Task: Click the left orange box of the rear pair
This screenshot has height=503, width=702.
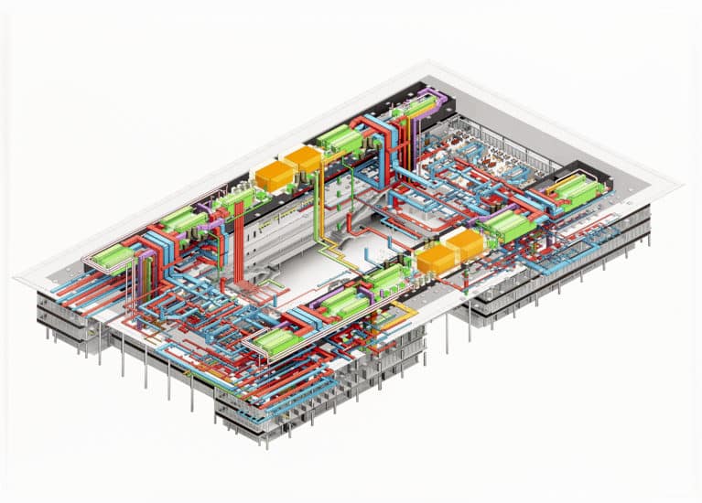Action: coord(273,176)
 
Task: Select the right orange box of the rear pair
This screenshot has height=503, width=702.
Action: coord(303,160)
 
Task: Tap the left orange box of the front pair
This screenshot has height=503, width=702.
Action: coord(436,260)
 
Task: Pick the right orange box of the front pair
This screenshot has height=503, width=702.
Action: coord(466,244)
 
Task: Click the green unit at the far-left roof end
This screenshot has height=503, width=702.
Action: coord(113,259)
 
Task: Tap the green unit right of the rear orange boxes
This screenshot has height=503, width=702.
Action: coord(340,140)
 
